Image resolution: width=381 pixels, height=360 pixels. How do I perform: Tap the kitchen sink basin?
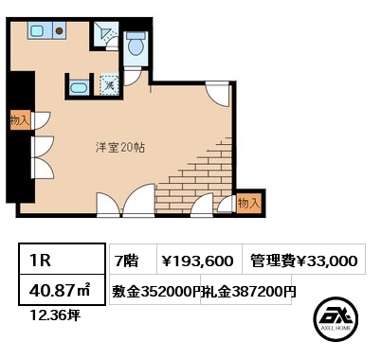[37, 30]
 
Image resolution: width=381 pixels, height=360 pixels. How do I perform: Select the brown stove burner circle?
[59, 30]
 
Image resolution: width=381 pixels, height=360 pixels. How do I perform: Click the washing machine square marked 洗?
[109, 85]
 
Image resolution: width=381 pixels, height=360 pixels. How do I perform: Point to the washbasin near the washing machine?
[79, 86]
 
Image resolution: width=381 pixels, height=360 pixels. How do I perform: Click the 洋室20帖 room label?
[120, 148]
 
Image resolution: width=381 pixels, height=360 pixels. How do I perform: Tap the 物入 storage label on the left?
[20, 119]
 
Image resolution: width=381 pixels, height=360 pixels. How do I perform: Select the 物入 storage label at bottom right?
[249, 203]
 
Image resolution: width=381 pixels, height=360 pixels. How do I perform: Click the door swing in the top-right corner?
[217, 94]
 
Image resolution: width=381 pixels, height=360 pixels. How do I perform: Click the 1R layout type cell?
[62, 259]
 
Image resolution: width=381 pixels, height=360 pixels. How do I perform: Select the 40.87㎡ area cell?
[62, 290]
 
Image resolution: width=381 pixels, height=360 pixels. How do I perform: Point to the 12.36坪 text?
[55, 315]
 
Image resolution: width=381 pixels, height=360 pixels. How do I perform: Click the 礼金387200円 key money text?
[248, 292]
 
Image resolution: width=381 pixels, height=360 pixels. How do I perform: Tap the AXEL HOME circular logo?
[336, 319]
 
